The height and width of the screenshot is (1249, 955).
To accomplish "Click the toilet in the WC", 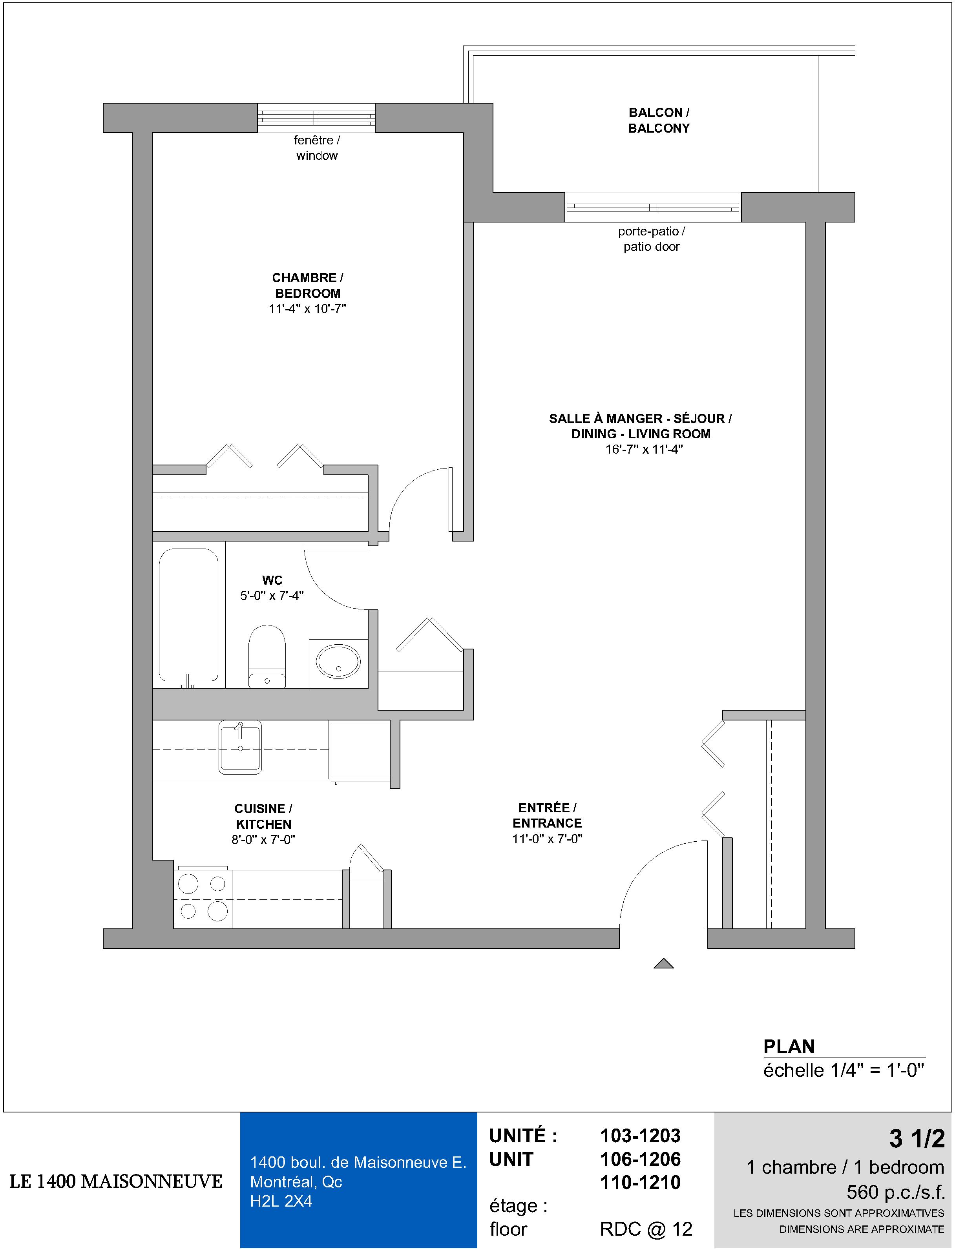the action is click(267, 656).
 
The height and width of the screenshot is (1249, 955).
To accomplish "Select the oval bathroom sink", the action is click(338, 661).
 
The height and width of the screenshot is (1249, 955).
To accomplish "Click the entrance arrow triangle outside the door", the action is click(663, 963).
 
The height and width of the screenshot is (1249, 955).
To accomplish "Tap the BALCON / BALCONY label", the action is click(659, 120).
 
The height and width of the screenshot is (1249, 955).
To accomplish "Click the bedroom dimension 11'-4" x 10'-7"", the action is click(307, 309).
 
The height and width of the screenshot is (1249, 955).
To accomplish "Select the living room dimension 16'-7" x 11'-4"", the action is click(644, 449).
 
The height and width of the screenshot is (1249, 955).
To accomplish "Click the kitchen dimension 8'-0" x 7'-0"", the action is click(263, 840).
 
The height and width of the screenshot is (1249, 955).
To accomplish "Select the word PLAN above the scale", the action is click(789, 1046).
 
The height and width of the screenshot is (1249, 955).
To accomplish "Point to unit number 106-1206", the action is click(641, 1159).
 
